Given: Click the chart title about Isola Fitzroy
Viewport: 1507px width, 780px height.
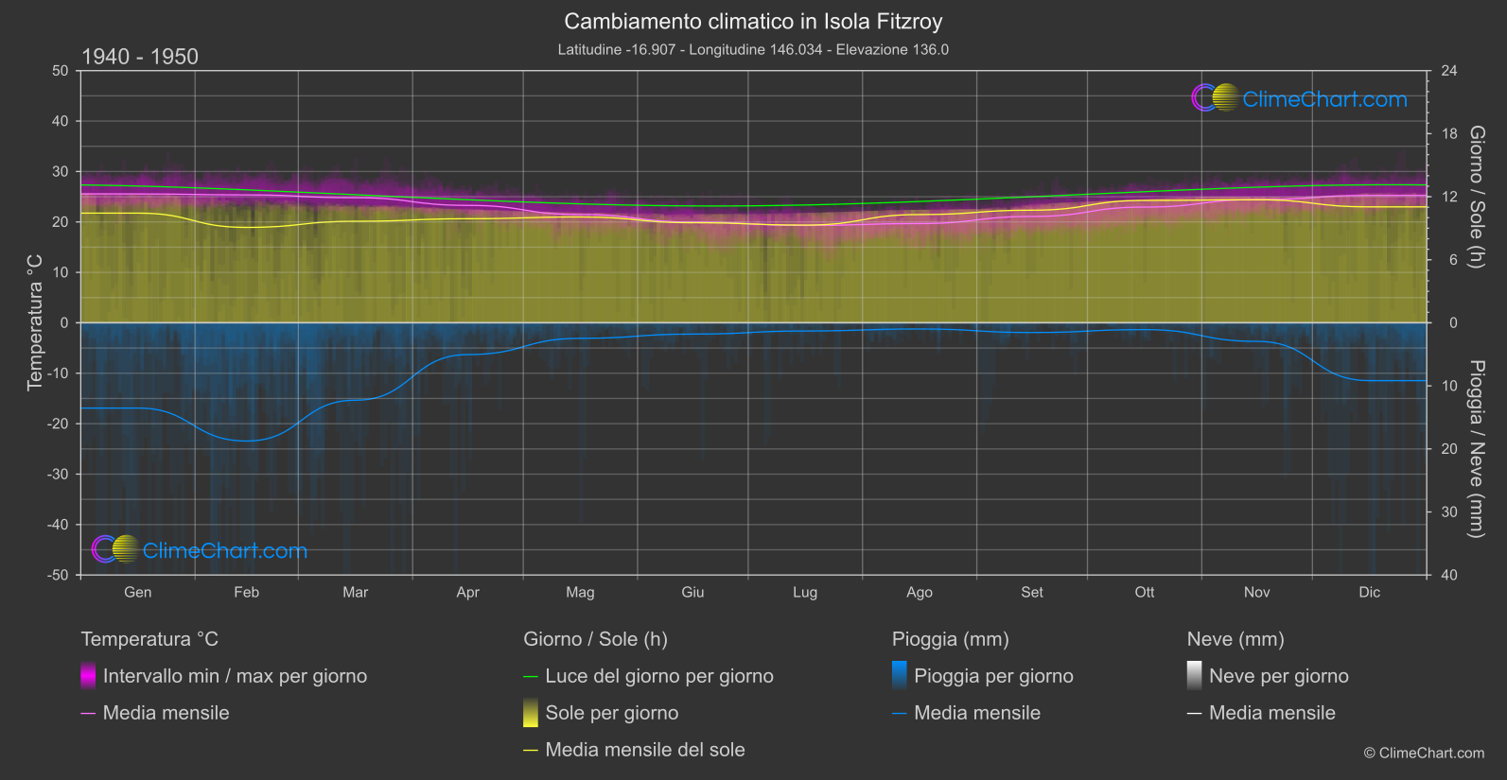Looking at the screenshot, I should [x=753, y=21].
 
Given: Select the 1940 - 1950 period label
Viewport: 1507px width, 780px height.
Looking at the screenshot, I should [x=140, y=57].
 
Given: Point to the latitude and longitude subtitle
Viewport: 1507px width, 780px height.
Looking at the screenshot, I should [x=753, y=49].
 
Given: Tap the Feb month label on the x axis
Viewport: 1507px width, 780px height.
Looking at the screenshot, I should [x=246, y=593].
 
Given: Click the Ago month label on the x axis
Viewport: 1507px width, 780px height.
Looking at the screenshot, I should [x=919, y=593].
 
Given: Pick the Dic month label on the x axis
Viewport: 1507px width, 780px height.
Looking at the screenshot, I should [x=1369, y=593].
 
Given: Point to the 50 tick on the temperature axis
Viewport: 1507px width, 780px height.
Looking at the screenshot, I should [x=61, y=71].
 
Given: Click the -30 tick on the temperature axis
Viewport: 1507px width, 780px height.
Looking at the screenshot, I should [x=58, y=475].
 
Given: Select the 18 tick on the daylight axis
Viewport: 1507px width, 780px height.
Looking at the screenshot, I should [x=1449, y=134].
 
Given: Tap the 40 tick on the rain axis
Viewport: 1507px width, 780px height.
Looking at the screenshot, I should [x=1449, y=575].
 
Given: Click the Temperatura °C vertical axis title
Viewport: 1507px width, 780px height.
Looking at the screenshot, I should [x=35, y=321].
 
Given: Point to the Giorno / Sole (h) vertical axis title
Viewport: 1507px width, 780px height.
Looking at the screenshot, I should [x=1476, y=197].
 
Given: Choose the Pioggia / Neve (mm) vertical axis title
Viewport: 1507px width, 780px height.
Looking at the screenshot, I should [x=1476, y=448].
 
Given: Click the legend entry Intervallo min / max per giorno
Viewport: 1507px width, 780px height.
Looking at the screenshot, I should [x=235, y=676].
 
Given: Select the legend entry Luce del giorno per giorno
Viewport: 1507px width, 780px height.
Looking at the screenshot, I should [x=658, y=676].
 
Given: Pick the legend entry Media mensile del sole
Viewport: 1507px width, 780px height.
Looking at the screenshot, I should [x=644, y=750].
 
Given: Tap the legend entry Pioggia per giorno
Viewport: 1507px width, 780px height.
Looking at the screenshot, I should [x=993, y=676].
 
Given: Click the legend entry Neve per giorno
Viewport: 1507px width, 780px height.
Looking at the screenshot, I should [x=1278, y=676].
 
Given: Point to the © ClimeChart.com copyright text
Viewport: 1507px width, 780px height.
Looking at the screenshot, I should [x=1424, y=754].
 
